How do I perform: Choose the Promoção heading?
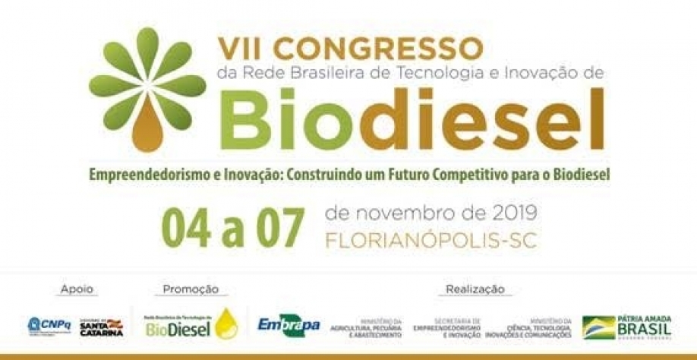point(191,289)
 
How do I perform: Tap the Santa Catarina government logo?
point(102,327)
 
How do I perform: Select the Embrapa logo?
point(289,325)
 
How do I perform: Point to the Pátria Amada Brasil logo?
point(627,327)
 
